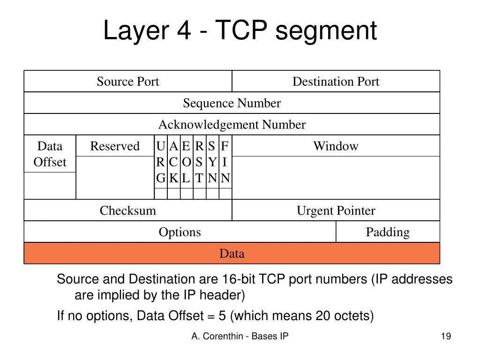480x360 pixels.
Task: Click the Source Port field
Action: pos(128,82)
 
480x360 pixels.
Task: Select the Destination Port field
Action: pos(336,82)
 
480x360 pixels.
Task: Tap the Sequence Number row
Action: pos(232,103)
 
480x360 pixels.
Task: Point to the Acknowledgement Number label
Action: pos(232,125)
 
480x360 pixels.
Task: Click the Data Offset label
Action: pos(50,154)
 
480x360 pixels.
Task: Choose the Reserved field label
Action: pos(115,146)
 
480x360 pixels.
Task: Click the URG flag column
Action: pos(161,162)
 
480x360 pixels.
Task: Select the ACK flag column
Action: pos(173,162)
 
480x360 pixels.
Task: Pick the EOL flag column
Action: pos(186,162)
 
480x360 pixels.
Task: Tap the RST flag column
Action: pos(199,162)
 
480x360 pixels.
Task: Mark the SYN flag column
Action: pos(212,162)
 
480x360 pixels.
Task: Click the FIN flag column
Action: pos(225,162)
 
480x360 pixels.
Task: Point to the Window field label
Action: pos(336,146)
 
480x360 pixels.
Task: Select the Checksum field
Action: pos(128,210)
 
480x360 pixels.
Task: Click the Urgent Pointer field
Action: pos(336,210)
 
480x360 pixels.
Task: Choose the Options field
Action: pos(180,232)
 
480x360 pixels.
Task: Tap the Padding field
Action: pos(388,232)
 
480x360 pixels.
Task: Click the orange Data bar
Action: pos(232,254)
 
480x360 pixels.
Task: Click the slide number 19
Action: pos(445,336)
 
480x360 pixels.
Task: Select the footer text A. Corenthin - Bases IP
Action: pos(240,336)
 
